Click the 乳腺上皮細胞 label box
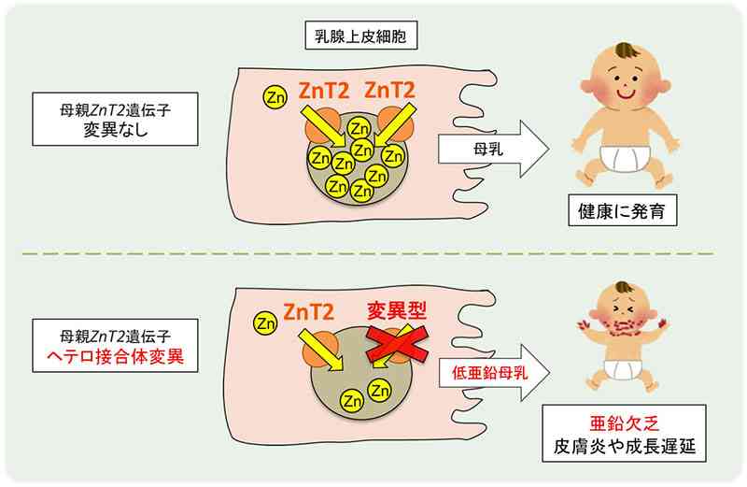[x=361, y=36]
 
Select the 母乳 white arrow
[x=494, y=150]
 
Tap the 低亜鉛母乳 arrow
[x=494, y=373]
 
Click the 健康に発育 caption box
[x=622, y=210]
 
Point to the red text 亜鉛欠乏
[x=624, y=423]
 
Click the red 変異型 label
[x=397, y=311]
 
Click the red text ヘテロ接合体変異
[x=115, y=356]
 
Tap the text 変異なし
[x=115, y=130]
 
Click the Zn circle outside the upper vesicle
[x=275, y=97]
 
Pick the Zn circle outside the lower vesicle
[x=265, y=323]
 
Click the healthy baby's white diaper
[x=624, y=158]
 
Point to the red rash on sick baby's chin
[x=623, y=327]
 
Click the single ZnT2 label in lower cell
[x=309, y=312]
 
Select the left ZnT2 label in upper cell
[x=324, y=91]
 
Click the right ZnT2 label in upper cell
[x=389, y=90]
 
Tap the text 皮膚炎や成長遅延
[x=624, y=447]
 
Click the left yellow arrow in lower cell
[x=320, y=351]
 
